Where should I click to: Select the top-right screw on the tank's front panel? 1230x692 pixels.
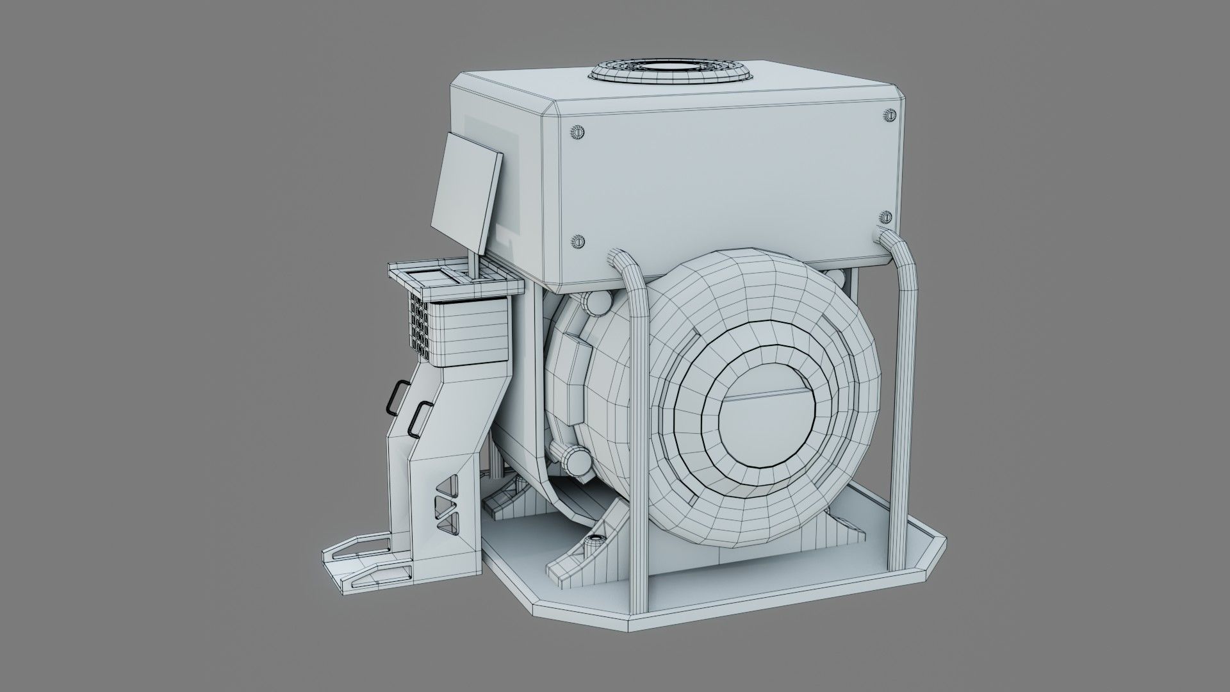889,115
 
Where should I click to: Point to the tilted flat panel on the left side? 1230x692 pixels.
466,192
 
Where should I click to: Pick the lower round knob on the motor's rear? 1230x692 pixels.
573,459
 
